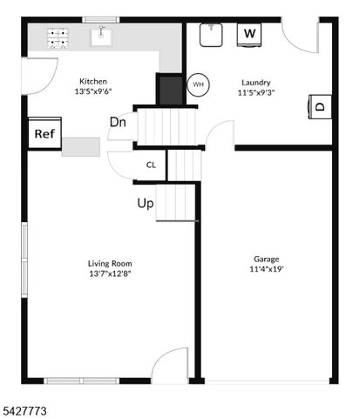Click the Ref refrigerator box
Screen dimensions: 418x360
point(43,134)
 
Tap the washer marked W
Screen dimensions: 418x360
point(250,34)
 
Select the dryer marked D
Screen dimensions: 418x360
point(319,107)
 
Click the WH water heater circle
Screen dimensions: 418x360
point(198,84)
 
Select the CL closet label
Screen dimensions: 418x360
point(151,164)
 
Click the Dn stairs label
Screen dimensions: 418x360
point(118,122)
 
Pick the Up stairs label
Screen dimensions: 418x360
point(146,204)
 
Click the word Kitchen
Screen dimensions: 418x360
point(93,81)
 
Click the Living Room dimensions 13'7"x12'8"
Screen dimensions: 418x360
point(109,273)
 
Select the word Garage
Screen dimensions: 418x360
point(266,259)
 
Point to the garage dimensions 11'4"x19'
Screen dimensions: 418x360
point(266,269)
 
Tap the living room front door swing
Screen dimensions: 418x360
point(171,365)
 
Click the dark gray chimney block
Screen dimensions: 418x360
point(167,88)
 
